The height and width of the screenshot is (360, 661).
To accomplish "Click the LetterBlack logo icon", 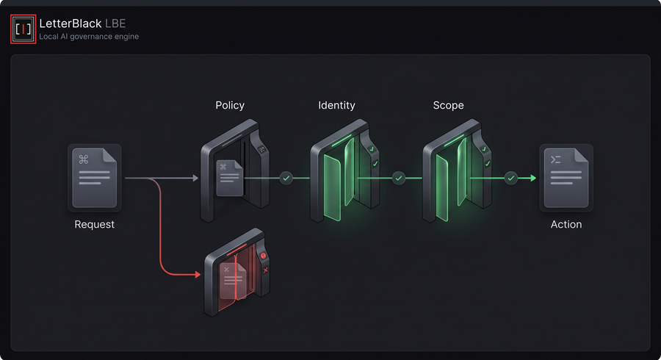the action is coord(24,29).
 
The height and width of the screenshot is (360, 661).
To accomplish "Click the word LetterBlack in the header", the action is coord(71,24).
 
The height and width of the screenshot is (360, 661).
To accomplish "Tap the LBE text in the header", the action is coord(115,24).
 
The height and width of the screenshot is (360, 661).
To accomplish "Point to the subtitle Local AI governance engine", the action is coord(89,37).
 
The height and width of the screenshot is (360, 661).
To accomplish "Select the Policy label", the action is coord(230,105).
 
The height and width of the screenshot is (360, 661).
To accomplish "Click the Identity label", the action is coord(336,105).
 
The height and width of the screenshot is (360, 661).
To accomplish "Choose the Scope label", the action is coord(448,105).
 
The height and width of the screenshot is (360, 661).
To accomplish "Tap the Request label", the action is coord(95,224).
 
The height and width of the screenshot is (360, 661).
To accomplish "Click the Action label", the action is coord(566,224).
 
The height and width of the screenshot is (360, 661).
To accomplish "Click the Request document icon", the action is coord(95,178).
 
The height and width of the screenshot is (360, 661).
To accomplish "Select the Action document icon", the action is coord(566,178).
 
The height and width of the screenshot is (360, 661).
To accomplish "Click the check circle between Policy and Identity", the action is coord(286,179).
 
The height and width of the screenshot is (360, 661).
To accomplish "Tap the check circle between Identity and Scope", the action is coord(398,179).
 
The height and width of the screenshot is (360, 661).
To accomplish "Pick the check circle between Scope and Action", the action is coord(511,179).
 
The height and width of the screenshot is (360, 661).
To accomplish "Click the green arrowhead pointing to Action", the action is coord(533,179).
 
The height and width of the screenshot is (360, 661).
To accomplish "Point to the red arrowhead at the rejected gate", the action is coord(198,275).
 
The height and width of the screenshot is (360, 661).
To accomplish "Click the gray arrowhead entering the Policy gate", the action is coord(195,179).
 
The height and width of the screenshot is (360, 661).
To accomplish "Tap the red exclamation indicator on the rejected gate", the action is coord(263,256).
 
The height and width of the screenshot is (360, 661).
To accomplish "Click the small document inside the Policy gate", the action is coord(230,178).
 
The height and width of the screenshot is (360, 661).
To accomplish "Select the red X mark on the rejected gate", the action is coord(266,270).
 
